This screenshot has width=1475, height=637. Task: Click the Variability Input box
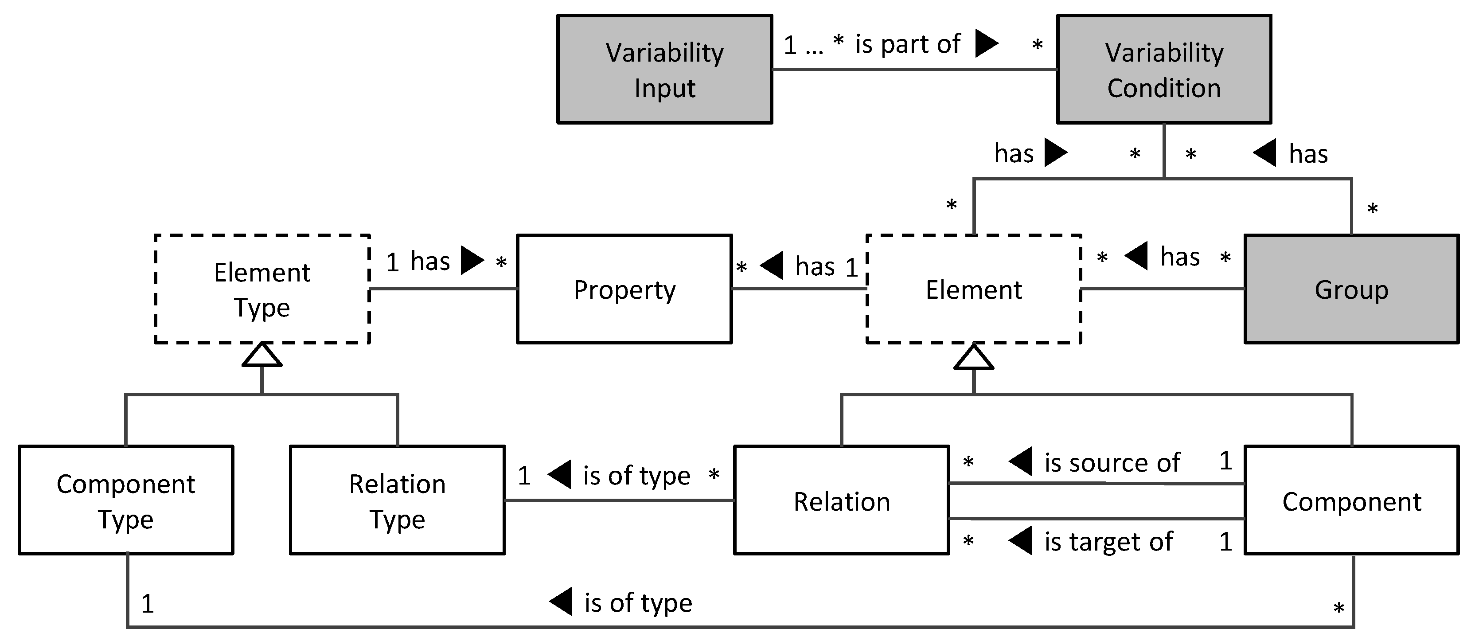coord(664,69)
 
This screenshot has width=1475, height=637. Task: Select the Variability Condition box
coord(1163,69)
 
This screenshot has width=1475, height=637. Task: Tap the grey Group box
coord(1351,289)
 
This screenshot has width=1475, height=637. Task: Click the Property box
coord(624,289)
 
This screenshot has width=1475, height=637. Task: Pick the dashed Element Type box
coord(261,289)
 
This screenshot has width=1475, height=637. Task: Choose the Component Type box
coord(125,500)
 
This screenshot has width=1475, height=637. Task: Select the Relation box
coord(841,500)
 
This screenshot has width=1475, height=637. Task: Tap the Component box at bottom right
coord(1351,500)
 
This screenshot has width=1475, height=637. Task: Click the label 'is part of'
coord(908,44)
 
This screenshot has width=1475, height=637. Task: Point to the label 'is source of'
coord(1112,462)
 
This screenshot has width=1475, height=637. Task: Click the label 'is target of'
coord(1108,541)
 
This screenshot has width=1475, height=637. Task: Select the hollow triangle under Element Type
coord(261,355)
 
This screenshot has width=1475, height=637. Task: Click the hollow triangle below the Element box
coord(973,357)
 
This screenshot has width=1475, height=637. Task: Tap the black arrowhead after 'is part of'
coord(986,43)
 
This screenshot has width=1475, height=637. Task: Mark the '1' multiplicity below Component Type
coord(147,604)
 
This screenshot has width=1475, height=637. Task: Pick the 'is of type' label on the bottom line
coord(638,602)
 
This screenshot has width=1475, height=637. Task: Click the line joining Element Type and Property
coord(443,288)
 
